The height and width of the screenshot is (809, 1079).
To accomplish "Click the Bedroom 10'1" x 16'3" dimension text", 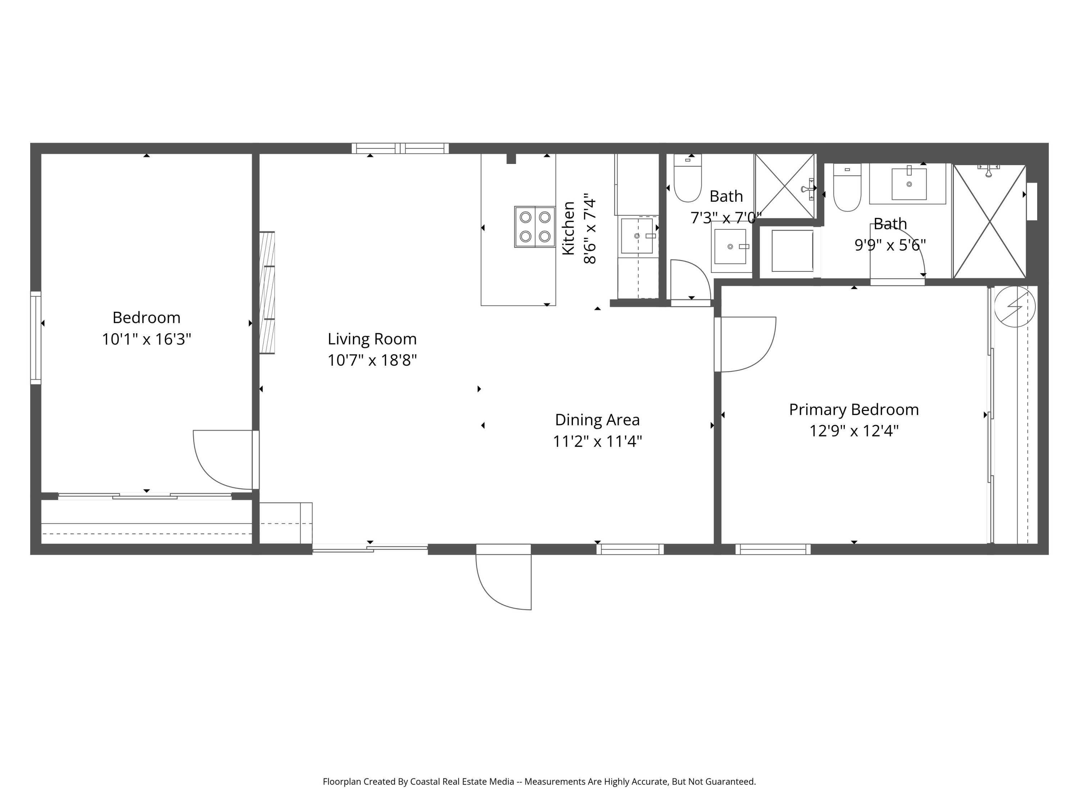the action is tap(146, 339).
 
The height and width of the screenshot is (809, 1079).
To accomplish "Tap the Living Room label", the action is tap(372, 339).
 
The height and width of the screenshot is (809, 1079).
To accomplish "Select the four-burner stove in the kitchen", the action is tap(534, 227).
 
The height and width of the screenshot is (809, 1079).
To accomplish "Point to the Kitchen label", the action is tap(569, 228).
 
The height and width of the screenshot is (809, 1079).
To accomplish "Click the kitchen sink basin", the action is tap(637, 236).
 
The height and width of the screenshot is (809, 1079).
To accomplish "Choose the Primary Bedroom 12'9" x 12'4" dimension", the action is tap(853, 431).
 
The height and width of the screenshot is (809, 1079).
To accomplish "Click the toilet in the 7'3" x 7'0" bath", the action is tap(687, 178).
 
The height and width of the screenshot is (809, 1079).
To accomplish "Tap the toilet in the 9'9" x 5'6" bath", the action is tap(847, 187).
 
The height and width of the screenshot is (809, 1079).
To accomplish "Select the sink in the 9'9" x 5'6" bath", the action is tap(909, 184).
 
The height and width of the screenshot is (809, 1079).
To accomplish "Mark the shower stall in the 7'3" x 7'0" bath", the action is tap(785, 186).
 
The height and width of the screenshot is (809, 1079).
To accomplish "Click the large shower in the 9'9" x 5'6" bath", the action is tap(989, 222).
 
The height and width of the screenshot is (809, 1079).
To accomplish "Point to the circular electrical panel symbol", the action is tap(1015, 307).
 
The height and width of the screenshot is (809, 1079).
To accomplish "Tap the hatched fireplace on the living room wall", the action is tap(267, 293).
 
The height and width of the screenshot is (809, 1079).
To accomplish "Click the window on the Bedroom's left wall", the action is tap(36, 338).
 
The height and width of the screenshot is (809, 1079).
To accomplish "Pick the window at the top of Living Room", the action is tap(400, 148).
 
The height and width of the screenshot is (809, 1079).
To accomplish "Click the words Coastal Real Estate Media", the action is tap(462, 782).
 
